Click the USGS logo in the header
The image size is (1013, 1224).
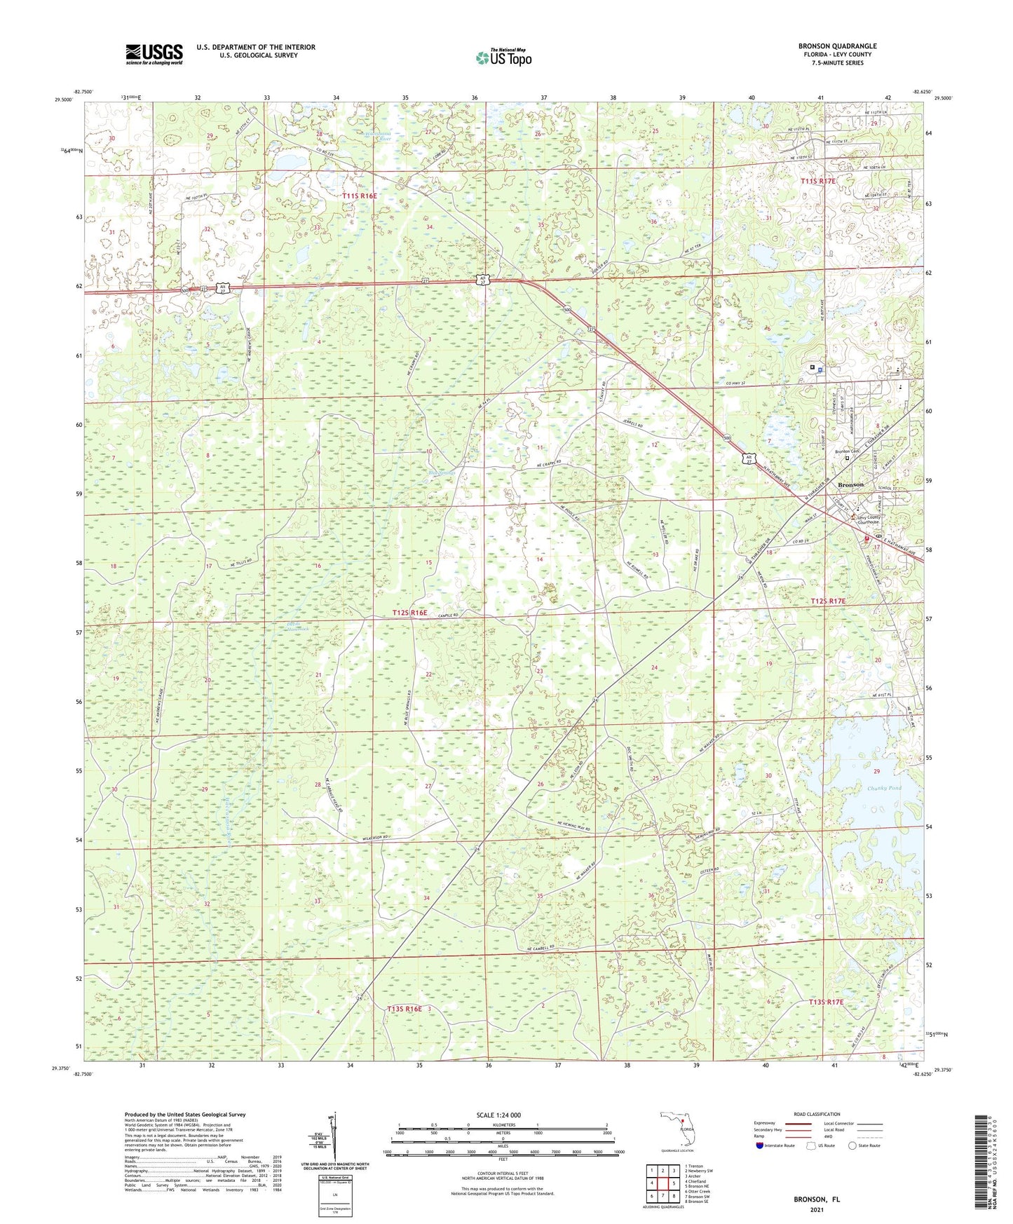154,54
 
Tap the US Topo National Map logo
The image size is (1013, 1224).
503,57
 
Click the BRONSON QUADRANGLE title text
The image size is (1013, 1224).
837,46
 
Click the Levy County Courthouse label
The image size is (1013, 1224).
868,520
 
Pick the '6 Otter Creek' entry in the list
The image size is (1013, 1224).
699,1191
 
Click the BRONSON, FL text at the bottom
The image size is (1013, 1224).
817,1199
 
